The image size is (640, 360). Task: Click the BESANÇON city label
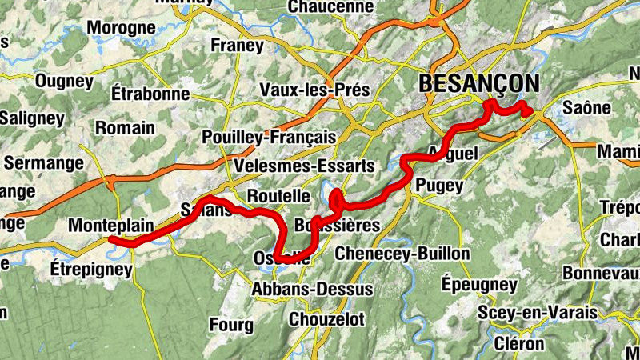[478, 83]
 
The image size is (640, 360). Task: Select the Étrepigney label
[90, 270]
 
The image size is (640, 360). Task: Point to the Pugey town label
[439, 186]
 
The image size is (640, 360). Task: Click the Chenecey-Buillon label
[402, 254]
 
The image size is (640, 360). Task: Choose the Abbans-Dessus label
[313, 289]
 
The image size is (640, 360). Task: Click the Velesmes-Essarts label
[304, 166]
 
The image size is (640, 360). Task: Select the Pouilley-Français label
[270, 137]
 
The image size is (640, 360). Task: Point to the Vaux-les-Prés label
[315, 90]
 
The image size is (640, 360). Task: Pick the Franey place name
[237, 46]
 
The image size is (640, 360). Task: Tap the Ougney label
[66, 81]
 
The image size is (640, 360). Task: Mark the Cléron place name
[522, 344]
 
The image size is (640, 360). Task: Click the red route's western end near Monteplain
[113, 240]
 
